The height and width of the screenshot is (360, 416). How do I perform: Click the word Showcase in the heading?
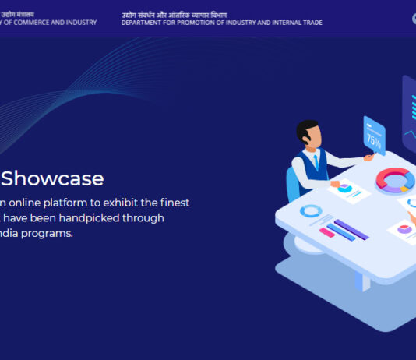[x=52, y=178]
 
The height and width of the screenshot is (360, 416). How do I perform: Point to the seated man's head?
[x=309, y=135]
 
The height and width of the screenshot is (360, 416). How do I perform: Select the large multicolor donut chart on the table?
[x=395, y=181]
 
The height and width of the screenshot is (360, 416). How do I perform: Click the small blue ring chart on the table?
[x=311, y=211]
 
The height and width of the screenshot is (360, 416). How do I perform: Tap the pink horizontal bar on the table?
[x=327, y=232]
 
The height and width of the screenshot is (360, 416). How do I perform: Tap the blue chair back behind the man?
[x=293, y=183]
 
